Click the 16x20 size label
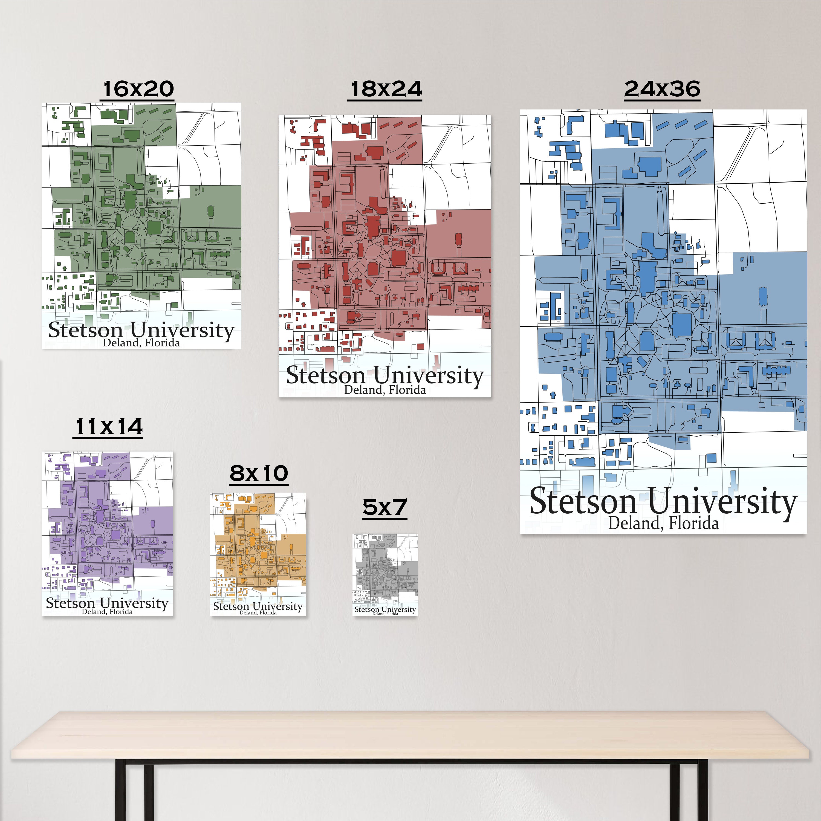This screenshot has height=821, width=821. click(x=138, y=89)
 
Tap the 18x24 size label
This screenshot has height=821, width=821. click(x=386, y=89)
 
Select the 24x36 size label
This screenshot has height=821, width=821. click(x=662, y=89)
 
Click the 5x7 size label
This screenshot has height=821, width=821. click(x=385, y=507)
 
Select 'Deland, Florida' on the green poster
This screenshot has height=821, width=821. click(x=141, y=343)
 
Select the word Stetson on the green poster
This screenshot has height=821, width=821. click(x=85, y=330)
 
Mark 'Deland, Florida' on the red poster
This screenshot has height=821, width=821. click(x=385, y=390)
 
